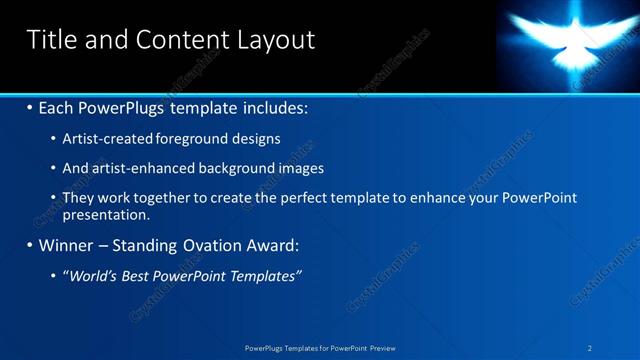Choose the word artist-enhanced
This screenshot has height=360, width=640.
135,168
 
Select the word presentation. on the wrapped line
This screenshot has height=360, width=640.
106,214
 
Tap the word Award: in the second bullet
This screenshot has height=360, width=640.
272,245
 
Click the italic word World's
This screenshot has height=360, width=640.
91,275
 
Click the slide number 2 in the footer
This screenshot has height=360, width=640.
590,348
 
